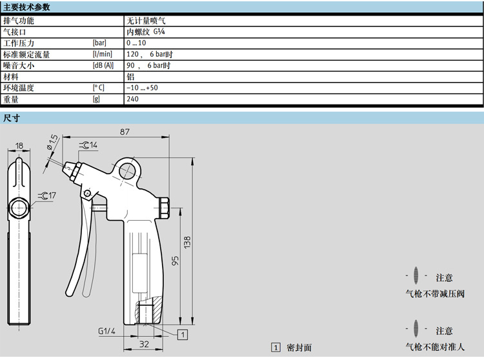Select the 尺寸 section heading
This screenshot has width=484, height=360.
pyautogui.click(x=12, y=118)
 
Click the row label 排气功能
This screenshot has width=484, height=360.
pyautogui.click(x=19, y=21)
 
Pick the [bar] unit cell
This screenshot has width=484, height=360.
pyautogui.click(x=99, y=43)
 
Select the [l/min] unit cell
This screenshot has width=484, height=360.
pyautogui.click(x=102, y=54)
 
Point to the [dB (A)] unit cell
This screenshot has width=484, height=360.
pyautogui.click(x=103, y=66)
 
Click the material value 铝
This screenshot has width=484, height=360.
pyautogui.click(x=130, y=77)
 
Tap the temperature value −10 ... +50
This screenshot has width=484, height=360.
pyautogui.click(x=142, y=88)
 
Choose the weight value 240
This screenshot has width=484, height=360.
pyautogui.click(x=133, y=99)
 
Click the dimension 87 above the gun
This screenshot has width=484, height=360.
pyautogui.click(x=125, y=132)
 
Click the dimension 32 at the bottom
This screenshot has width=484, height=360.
pyautogui.click(x=145, y=345)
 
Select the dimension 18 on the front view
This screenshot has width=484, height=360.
pyautogui.click(x=19, y=146)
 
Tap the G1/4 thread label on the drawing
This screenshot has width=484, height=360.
pyautogui.click(x=106, y=331)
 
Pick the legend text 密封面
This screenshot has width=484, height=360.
pyautogui.click(x=298, y=348)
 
